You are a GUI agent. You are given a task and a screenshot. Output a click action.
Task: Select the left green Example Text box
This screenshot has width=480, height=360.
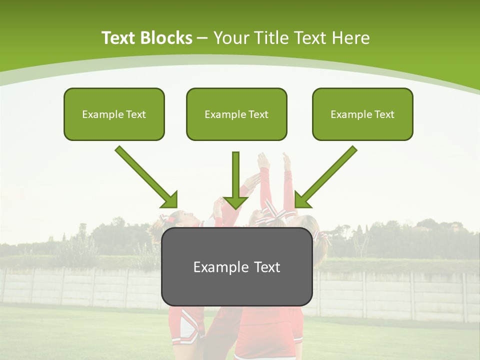pos(114,114)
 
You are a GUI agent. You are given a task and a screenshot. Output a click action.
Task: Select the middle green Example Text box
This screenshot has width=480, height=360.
pos(236,114)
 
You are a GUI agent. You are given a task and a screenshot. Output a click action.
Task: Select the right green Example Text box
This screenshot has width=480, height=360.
pos(362,114)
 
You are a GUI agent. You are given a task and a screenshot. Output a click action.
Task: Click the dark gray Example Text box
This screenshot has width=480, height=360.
pos(236,266)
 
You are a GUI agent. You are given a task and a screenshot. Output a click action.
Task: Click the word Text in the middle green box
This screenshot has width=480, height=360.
pos(258,114)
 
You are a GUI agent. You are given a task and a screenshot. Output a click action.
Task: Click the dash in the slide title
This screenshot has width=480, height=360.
pos(202,38)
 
